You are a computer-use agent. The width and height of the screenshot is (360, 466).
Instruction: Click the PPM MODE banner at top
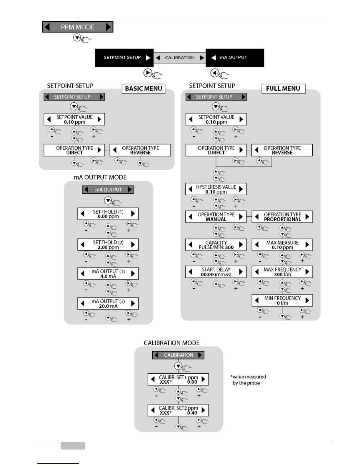(78, 27)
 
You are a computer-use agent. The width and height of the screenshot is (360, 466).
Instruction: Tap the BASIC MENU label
(144, 89)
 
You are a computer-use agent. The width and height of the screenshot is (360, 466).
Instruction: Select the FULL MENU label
(283, 89)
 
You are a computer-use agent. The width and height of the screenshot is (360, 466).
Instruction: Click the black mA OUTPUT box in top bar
(234, 58)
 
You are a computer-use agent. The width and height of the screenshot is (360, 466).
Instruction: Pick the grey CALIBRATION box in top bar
(179, 58)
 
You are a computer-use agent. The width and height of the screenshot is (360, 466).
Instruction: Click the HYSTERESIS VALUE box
(216, 189)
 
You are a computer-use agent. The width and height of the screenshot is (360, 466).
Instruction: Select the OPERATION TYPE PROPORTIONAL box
(282, 217)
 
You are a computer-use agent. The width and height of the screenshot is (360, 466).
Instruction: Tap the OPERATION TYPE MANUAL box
(216, 217)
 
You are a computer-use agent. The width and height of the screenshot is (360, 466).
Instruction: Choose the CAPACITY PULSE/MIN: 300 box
(216, 245)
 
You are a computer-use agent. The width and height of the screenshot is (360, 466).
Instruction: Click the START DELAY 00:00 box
(216, 272)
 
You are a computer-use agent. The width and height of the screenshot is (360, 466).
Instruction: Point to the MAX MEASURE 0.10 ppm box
(282, 245)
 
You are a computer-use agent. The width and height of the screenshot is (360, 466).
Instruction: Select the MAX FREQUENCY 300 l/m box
(282, 272)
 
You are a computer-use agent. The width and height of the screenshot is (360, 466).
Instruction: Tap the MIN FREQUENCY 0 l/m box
(282, 300)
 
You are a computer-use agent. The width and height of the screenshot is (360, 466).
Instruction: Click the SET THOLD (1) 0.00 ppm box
(108, 214)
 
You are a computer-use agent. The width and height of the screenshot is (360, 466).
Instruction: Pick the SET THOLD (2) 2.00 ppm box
(108, 245)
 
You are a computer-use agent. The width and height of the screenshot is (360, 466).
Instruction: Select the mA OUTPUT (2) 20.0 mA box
(108, 304)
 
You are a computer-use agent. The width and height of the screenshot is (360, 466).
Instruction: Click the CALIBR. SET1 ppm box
(178, 380)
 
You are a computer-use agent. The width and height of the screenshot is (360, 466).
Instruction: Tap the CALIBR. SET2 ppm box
(178, 410)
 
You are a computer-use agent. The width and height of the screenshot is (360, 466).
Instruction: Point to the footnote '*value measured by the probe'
(248, 380)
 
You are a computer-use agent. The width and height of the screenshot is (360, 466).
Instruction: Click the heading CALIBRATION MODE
(171, 343)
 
